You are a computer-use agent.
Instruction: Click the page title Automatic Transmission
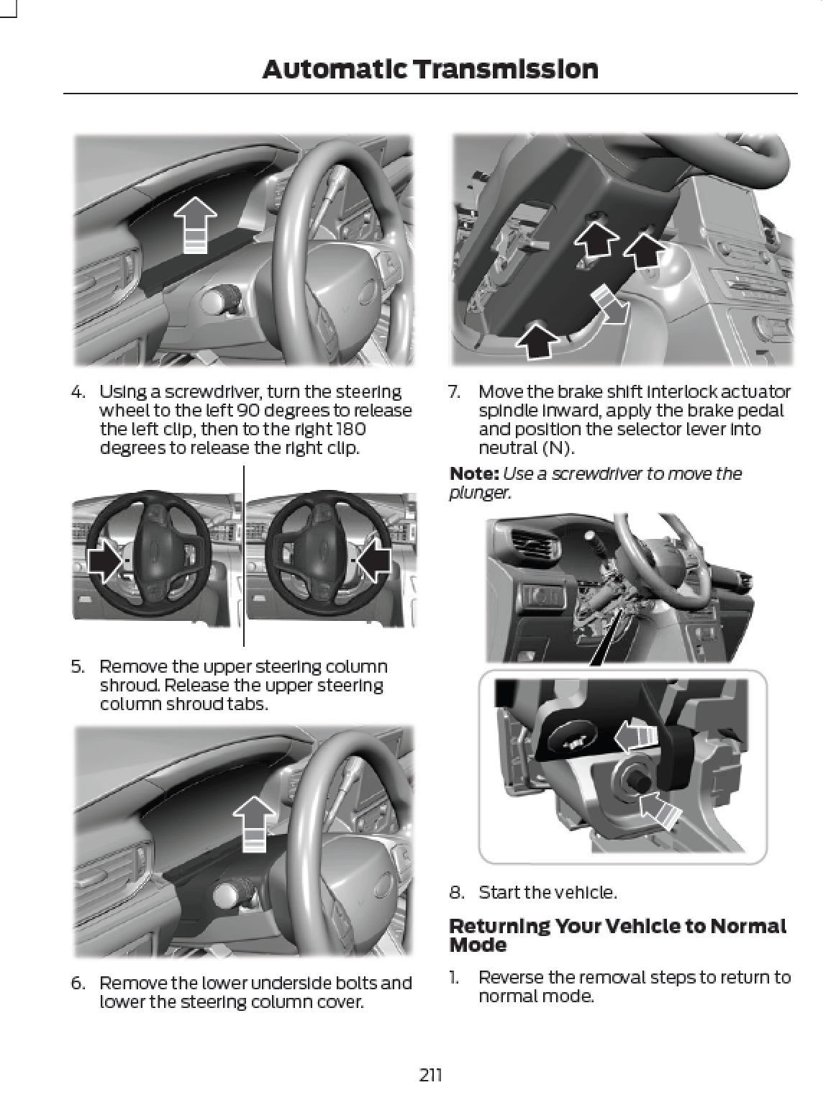(430, 70)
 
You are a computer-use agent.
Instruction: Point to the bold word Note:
(473, 474)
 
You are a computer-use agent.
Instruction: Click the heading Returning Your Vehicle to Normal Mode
(617, 935)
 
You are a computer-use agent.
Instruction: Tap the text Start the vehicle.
(548, 893)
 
